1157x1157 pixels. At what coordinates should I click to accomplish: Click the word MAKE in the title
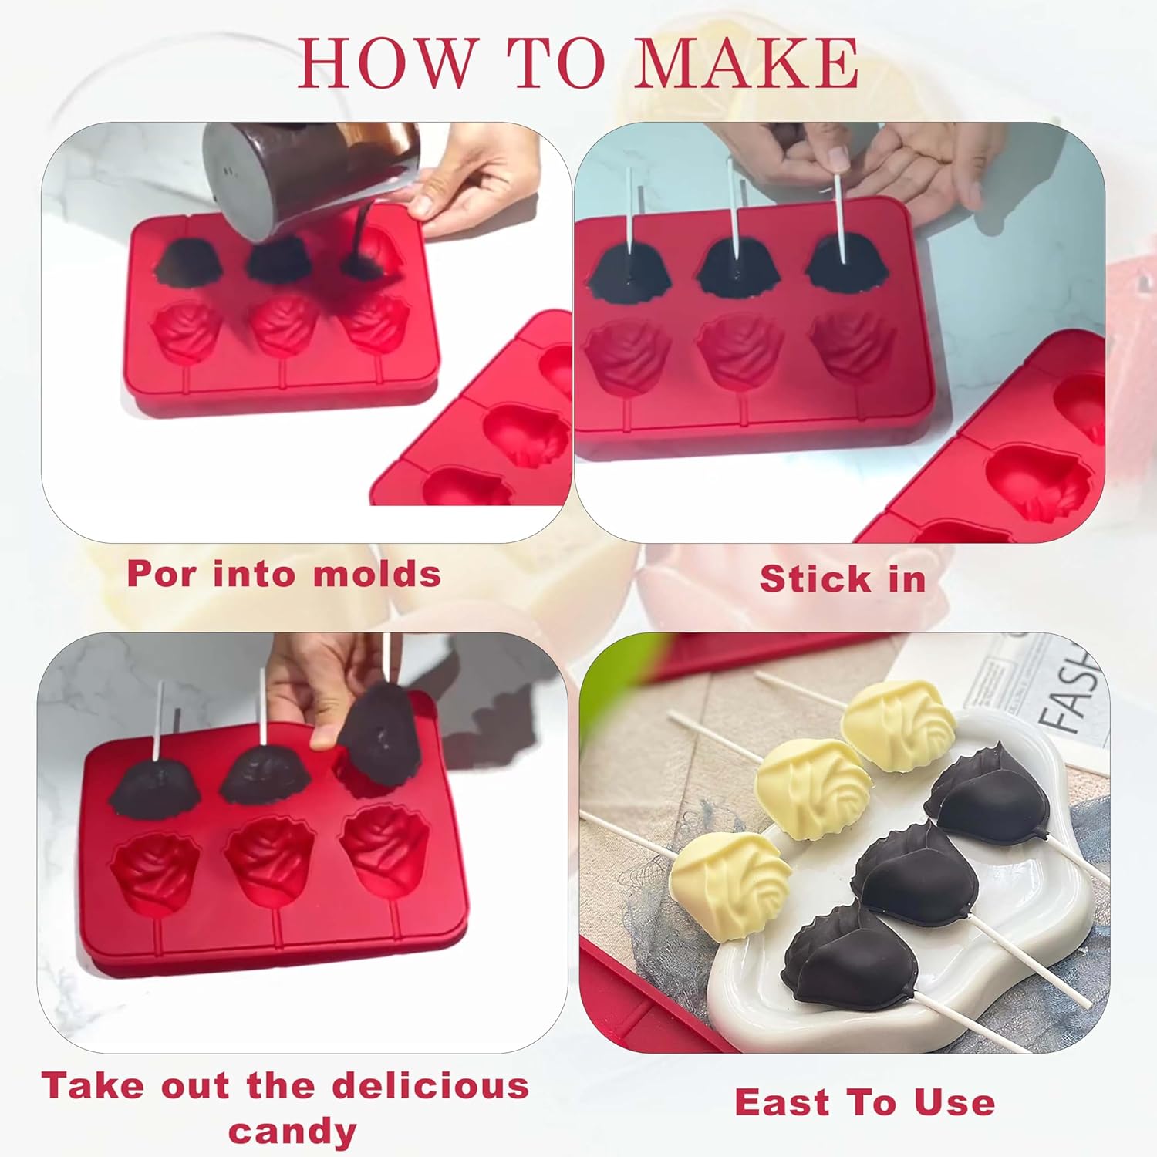tap(746, 62)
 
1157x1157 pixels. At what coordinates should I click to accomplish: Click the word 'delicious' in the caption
tap(430, 1086)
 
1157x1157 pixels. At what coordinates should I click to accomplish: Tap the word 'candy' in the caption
tap(292, 1132)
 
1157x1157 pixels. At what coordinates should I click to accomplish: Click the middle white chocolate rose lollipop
tap(811, 787)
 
